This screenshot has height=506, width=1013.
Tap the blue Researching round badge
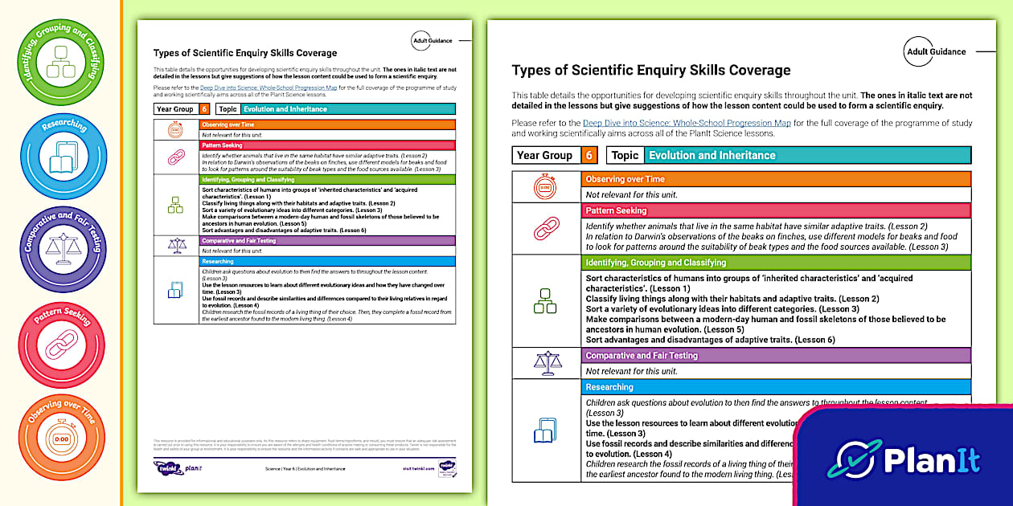click(x=62, y=155)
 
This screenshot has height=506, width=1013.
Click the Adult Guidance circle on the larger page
click(x=936, y=51)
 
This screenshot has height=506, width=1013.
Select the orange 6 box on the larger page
click(x=589, y=155)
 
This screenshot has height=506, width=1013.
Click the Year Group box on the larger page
click(x=545, y=155)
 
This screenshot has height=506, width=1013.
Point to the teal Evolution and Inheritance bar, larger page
click(x=807, y=155)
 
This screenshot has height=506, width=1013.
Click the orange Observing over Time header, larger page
click(x=776, y=179)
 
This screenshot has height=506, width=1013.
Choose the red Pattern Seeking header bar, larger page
click(x=776, y=210)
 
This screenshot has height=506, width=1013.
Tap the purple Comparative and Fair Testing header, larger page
click(x=776, y=355)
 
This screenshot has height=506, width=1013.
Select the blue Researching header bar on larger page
click(x=776, y=387)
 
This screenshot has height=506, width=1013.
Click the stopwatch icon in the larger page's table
click(x=546, y=187)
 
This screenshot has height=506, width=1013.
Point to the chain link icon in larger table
click(x=546, y=229)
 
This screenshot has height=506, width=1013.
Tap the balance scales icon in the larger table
click(x=546, y=363)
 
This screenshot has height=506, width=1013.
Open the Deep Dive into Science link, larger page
click(x=687, y=123)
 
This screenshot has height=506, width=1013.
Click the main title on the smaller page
click(x=245, y=53)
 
